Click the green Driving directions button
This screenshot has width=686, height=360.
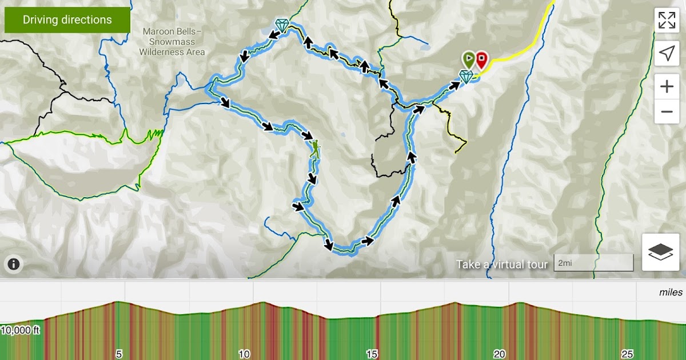(x=67, y=20)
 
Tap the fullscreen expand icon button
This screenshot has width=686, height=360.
(x=667, y=20)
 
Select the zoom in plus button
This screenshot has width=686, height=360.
(x=667, y=87)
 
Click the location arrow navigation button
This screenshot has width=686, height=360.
(x=667, y=53)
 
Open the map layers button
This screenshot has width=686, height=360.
(x=660, y=252)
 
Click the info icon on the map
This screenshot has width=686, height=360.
(x=14, y=264)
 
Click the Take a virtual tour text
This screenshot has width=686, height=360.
(x=502, y=264)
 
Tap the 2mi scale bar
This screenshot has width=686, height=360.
(x=593, y=263)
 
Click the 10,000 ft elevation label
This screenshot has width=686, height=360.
(x=20, y=330)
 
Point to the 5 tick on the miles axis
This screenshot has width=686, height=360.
(x=119, y=354)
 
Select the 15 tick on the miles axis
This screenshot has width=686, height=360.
(x=372, y=354)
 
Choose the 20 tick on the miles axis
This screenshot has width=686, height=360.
(x=500, y=354)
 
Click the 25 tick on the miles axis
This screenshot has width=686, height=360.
(x=627, y=354)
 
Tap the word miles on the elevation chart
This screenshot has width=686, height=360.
(x=671, y=293)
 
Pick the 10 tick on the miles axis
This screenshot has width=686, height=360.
(x=245, y=354)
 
